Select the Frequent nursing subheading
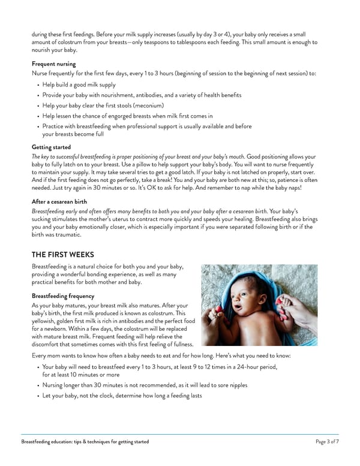52,63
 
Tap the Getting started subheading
51,147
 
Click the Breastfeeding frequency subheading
63,296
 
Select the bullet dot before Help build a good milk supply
38,85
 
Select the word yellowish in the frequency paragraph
46,322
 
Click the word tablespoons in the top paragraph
185,42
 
